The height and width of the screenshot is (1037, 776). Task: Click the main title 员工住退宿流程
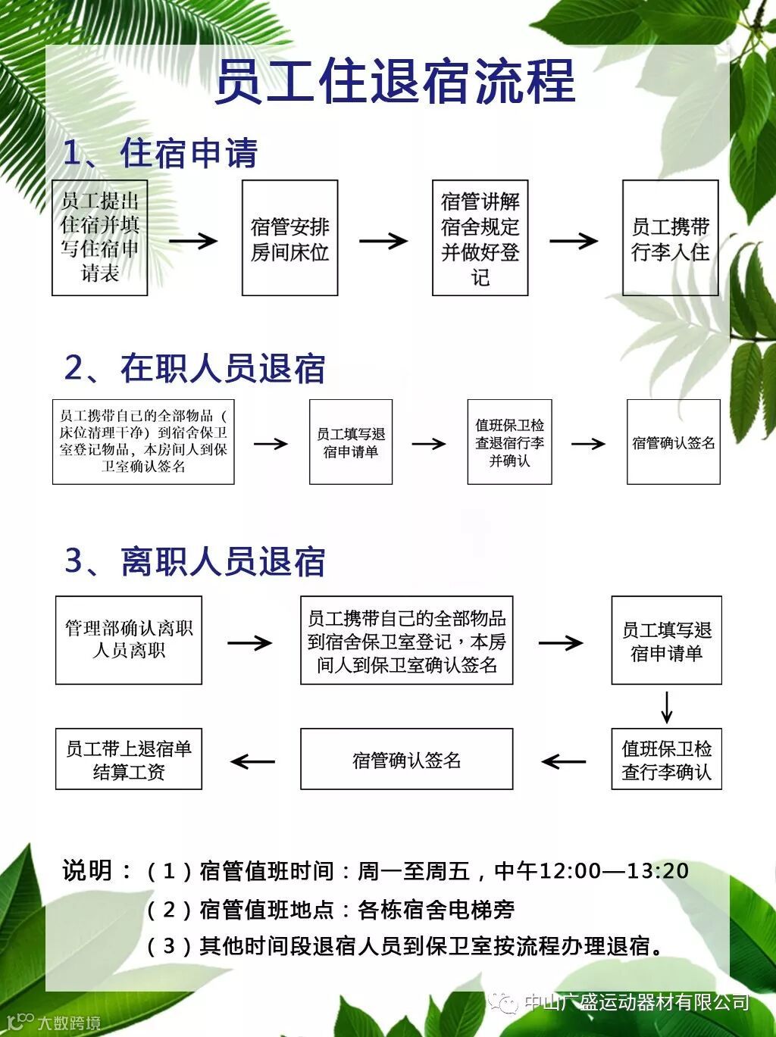[395, 81]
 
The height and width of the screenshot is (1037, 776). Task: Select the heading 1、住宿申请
[160, 154]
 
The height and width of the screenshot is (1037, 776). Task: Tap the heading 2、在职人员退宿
[195, 369]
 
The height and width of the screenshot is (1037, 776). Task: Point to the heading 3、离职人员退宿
[195, 562]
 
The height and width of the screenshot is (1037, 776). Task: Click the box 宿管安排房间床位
[289, 238]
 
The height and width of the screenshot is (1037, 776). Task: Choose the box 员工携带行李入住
[670, 238]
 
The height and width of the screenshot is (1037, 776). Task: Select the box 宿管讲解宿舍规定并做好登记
[480, 238]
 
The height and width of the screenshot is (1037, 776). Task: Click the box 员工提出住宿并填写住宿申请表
[99, 238]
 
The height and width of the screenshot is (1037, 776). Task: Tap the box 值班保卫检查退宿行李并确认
[509, 442]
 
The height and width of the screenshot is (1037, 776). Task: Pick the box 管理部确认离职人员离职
[129, 640]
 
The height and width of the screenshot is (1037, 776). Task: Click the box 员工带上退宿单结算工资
[129, 759]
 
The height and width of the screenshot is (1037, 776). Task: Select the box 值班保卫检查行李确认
[666, 759]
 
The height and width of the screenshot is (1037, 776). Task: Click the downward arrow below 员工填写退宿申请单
[667, 707]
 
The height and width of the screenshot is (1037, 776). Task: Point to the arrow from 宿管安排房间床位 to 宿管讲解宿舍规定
[383, 241]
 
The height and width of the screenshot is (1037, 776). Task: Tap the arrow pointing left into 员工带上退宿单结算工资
[252, 761]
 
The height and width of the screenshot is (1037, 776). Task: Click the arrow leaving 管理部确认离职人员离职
[249, 642]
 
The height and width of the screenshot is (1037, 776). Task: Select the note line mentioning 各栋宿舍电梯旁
[330, 909]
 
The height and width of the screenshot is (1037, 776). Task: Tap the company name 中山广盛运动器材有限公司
[637, 1002]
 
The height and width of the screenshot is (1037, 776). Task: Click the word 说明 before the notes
[87, 871]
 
